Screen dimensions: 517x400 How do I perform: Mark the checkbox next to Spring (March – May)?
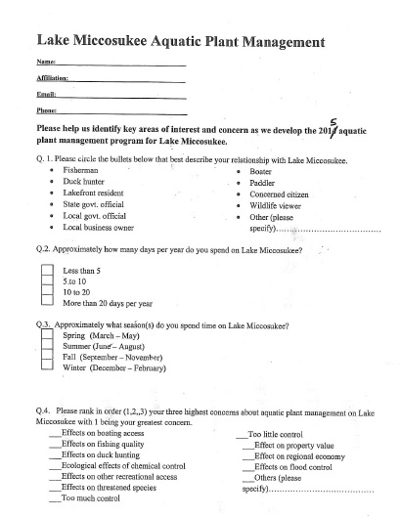pos(46,335)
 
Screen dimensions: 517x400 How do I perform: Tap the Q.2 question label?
pos(43,250)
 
